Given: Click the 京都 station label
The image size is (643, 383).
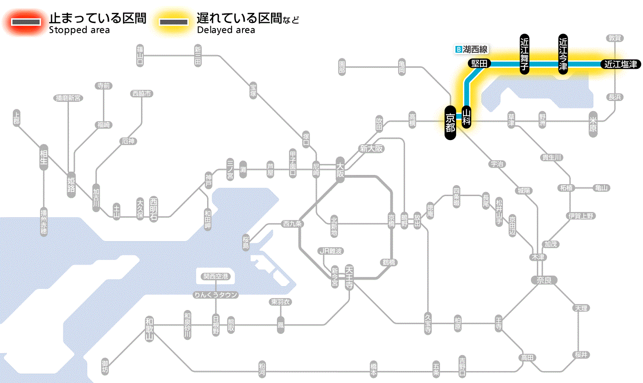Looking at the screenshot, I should point(450,123).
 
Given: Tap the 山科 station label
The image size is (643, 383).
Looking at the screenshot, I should point(467,117).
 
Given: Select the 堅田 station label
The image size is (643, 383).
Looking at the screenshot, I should point(479,64).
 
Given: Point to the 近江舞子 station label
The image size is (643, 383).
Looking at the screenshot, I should point(525,53).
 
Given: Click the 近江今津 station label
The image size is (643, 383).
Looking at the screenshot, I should point(563,53).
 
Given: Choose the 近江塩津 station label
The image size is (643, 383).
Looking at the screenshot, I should point(620,64).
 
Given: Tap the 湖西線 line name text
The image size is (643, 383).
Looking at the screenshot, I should point(475,49).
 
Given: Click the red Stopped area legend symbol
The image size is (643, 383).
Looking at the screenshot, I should point(25,22).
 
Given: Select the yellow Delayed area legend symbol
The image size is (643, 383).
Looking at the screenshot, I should point(173,22).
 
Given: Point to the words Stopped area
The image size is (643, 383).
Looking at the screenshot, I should point(79,30).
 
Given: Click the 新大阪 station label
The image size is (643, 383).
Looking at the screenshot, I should point(371,149).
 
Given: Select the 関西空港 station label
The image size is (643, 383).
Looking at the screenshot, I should point(215,276).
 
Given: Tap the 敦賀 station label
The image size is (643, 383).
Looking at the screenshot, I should point(615,38).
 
